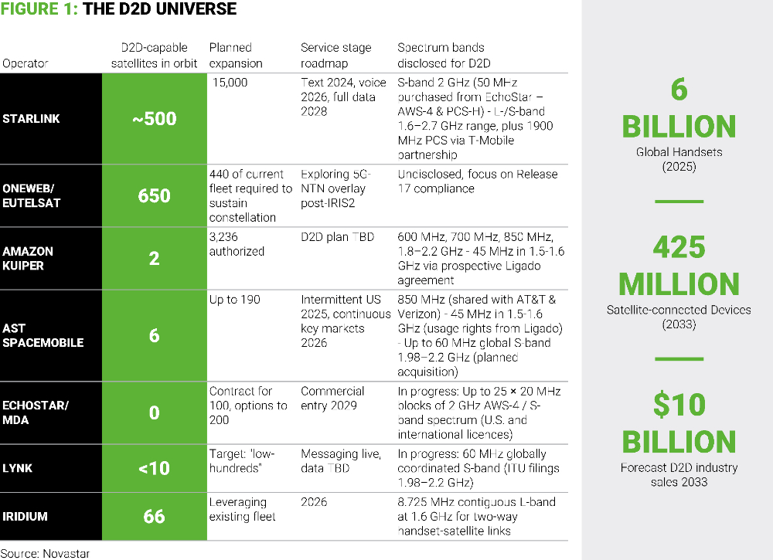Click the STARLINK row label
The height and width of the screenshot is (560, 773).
click(x=32, y=119)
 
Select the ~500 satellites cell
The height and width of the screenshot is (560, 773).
click(x=154, y=119)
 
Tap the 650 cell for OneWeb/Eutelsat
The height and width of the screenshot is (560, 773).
click(x=154, y=195)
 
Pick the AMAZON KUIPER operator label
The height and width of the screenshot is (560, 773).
click(x=29, y=258)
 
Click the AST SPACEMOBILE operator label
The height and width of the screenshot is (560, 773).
click(x=43, y=335)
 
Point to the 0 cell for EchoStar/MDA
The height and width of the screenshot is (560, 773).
click(x=154, y=412)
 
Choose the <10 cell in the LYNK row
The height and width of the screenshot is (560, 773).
click(x=154, y=468)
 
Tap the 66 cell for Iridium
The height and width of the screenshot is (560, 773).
click(x=154, y=516)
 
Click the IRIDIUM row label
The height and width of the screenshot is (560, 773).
click(x=26, y=516)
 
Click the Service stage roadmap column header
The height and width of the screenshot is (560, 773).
click(x=336, y=56)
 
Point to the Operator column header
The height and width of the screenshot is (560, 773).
click(x=25, y=63)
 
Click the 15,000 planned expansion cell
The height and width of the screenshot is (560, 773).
click(x=230, y=83)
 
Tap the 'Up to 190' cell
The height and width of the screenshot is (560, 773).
click(x=234, y=299)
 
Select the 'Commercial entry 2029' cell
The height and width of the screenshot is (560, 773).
click(x=332, y=399)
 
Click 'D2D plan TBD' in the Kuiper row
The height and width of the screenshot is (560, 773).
click(x=337, y=237)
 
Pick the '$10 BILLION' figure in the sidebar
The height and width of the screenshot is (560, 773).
click(x=678, y=423)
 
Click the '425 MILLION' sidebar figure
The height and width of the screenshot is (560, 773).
click(x=678, y=266)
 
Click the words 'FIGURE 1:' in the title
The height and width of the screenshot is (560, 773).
click(x=40, y=10)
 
